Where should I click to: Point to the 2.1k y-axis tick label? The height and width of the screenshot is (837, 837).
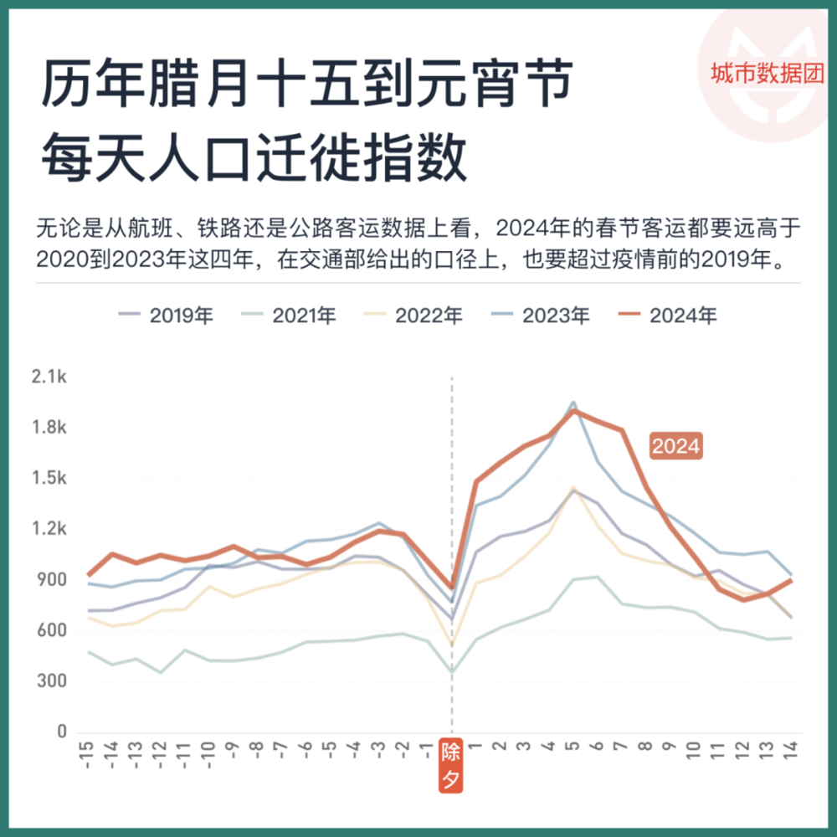coord(49,377)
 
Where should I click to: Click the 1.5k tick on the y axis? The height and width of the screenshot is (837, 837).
coord(49,479)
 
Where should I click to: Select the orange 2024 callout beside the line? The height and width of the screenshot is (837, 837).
coord(675,447)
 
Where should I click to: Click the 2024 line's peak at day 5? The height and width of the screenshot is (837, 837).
coord(573,410)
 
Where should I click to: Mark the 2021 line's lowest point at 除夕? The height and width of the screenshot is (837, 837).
coord(452,671)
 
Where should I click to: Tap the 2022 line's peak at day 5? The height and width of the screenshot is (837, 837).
coord(573,487)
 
